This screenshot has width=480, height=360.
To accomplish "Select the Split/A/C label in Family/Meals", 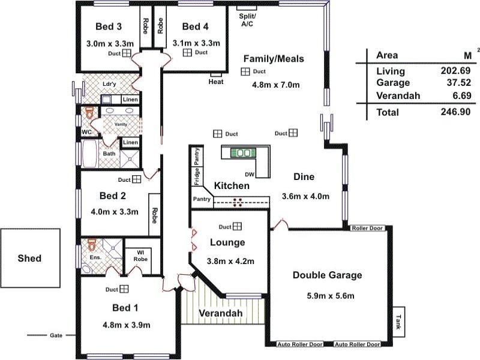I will [248, 20].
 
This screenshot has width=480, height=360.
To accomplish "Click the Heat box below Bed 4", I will [216, 82].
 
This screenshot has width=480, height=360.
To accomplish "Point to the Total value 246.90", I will [455, 112].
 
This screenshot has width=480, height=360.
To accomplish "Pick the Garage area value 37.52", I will [455, 83].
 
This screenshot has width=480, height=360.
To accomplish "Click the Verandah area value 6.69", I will [458, 95].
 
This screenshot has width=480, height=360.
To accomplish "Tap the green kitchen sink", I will [244, 153].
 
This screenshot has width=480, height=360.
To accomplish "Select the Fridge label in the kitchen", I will [197, 178].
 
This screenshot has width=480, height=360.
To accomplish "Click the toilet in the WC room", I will [90, 113].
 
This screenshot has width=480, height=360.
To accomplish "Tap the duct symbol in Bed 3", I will [127, 53].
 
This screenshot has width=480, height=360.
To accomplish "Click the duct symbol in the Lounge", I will [238, 226].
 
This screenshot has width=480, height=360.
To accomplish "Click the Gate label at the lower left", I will [56, 335].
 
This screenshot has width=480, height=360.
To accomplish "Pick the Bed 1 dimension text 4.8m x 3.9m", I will [126, 325].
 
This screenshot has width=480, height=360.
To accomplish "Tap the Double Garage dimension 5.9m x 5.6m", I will [327, 296].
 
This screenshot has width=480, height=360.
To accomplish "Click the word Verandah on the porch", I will [221, 313].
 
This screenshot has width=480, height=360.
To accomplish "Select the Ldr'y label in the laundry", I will [109, 84].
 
